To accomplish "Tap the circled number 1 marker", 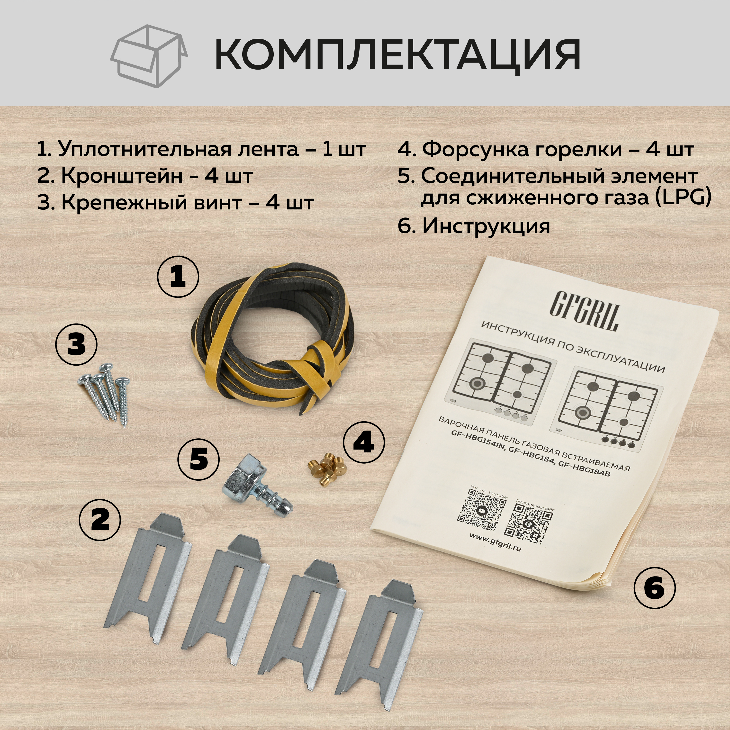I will coord(178,278).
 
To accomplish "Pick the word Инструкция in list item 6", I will coord(486,226).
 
